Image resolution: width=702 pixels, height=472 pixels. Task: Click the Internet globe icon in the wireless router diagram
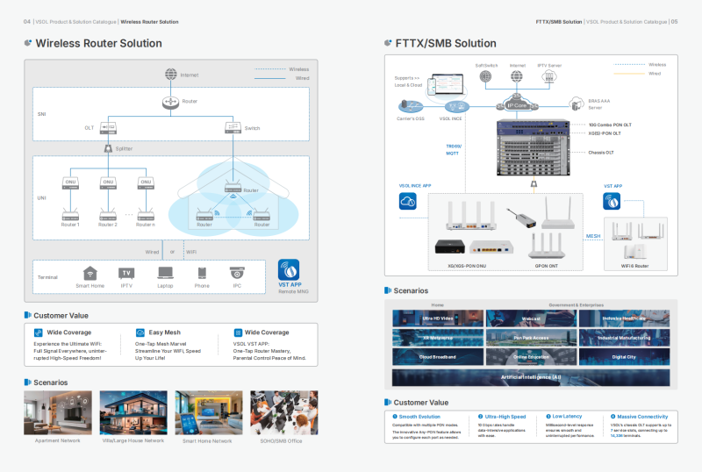[170, 75]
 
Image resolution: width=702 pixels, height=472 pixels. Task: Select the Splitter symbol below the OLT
[108, 148]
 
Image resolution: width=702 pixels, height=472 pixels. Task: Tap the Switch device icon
[232, 128]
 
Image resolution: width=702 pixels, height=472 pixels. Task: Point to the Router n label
[146, 225]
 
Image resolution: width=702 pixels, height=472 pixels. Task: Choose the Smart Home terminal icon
[90, 274]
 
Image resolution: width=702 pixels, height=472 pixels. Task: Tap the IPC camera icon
[237, 274]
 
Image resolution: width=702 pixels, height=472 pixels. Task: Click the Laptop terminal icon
[165, 274]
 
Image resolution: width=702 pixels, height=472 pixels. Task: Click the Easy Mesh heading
[164, 333]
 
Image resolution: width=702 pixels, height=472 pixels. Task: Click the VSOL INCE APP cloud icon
[407, 202]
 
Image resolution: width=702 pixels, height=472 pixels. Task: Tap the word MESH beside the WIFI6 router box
[592, 236]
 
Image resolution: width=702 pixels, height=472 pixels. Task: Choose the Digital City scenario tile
[623, 357]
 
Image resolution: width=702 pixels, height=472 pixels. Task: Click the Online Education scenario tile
[530, 357]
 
